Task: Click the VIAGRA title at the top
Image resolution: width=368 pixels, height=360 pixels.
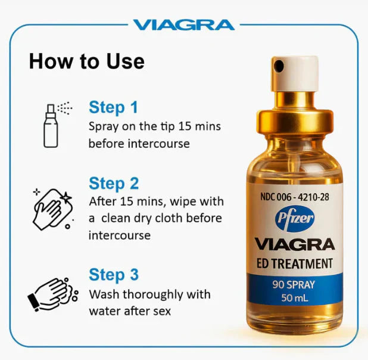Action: click(x=183, y=24)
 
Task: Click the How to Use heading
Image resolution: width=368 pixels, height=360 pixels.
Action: click(x=86, y=61)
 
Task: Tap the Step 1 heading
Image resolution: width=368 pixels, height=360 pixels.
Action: click(x=113, y=107)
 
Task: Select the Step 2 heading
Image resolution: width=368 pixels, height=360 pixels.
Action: click(x=113, y=183)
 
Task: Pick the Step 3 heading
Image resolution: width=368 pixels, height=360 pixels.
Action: click(x=113, y=275)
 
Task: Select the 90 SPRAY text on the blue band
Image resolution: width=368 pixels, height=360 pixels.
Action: click(x=294, y=285)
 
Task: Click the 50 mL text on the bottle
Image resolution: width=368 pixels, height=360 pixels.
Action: click(x=294, y=299)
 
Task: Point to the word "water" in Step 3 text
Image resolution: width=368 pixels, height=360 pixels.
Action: click(x=103, y=311)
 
